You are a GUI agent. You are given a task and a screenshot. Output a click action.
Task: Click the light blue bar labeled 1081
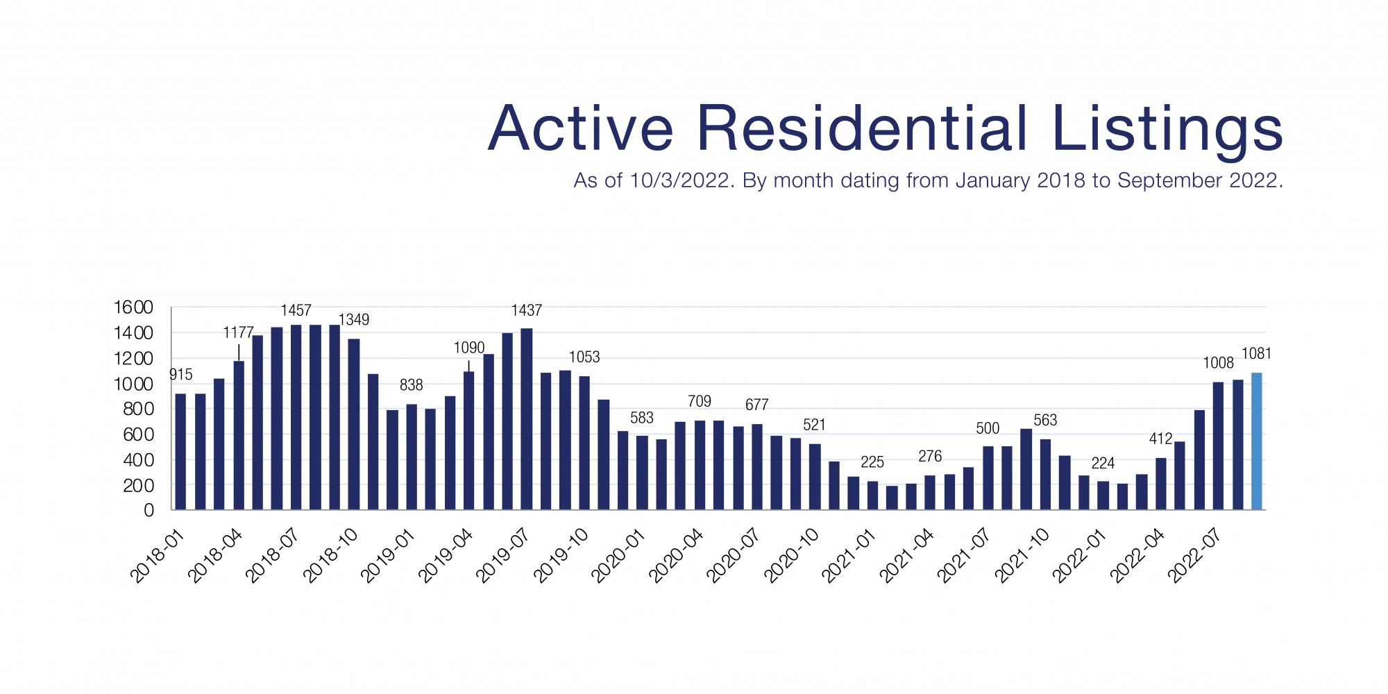click(x=1256, y=441)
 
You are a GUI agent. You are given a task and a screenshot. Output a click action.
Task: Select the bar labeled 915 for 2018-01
click(x=180, y=452)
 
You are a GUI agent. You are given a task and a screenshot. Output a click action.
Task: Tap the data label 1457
click(x=296, y=310)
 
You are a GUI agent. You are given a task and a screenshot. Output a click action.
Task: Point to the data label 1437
click(x=526, y=310)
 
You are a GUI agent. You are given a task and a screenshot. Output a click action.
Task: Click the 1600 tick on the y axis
click(x=133, y=307)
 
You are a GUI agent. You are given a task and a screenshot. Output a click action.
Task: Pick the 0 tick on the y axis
click(x=149, y=511)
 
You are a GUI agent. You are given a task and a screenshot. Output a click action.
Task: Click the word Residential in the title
click(x=861, y=129)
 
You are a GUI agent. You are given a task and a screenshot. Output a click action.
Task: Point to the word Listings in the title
click(x=1167, y=129)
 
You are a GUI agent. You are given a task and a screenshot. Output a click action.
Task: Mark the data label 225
click(x=872, y=462)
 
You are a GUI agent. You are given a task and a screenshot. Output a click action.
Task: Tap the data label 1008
click(x=1218, y=363)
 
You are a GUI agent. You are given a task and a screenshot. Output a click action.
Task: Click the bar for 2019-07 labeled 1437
click(x=526, y=419)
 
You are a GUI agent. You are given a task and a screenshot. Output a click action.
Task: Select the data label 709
click(x=700, y=401)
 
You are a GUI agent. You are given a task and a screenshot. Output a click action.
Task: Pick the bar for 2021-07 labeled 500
click(x=988, y=478)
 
